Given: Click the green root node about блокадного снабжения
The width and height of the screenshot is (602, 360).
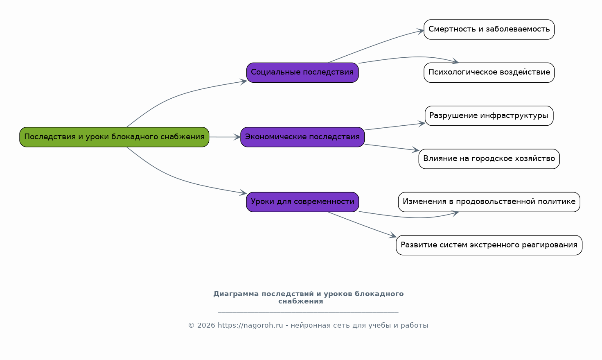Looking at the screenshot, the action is click(114, 137).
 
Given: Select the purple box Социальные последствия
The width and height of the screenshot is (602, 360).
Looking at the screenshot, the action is click(302, 72).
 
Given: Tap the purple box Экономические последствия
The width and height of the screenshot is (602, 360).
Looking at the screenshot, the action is click(302, 137).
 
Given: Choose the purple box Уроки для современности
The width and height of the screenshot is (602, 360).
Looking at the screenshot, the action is click(302, 202).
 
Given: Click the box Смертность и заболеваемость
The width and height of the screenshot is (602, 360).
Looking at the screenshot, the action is click(489, 29).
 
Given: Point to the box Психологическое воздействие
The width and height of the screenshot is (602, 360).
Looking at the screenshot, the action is click(489, 72).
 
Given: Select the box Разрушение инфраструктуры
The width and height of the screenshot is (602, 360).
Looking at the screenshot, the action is click(489, 115).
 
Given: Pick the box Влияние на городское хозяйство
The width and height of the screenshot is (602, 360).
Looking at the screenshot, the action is click(489, 159).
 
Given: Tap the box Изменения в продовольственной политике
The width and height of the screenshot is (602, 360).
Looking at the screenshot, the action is click(489, 202).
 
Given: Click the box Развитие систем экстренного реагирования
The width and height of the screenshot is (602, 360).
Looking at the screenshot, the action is click(489, 245).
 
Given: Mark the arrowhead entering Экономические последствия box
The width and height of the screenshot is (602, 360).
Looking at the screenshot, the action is click(237, 137).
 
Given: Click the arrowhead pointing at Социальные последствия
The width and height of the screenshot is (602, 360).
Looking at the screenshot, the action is click(243, 81).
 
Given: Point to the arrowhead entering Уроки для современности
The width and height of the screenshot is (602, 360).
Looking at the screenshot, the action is click(243, 193).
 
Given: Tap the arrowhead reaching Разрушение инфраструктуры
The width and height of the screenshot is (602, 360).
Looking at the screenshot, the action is click(422, 124).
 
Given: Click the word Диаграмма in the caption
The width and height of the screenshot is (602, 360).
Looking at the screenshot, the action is click(236, 294).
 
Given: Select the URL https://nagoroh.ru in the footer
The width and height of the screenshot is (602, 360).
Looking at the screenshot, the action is click(250, 325).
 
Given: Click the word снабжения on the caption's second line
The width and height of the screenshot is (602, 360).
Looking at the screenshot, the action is click(301, 301).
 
